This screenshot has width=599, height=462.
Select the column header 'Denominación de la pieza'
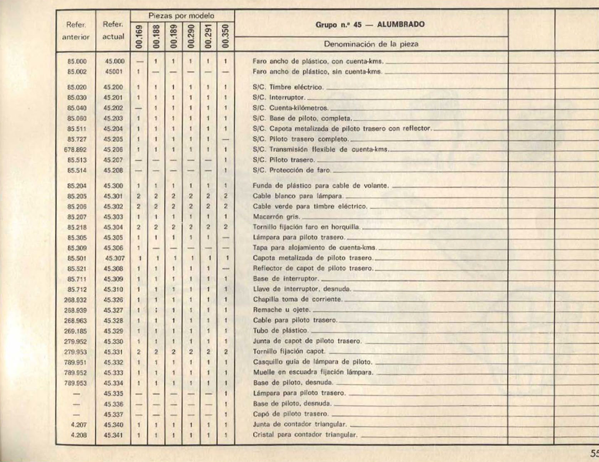point(371,44)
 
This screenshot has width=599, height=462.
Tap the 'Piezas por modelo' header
point(182,16)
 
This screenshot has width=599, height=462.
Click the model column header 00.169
point(139,36)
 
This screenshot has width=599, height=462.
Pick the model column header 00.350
point(226,36)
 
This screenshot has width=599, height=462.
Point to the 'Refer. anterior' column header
point(76,31)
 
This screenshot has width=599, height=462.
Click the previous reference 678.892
point(76,150)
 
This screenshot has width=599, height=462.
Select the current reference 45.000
point(114,62)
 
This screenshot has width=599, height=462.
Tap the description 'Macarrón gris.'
point(276,217)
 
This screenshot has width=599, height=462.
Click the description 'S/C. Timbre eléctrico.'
point(288,87)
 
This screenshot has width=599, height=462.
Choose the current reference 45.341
point(113,435)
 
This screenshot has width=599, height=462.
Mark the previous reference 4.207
point(79,425)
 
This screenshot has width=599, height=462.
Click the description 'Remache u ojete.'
point(282,310)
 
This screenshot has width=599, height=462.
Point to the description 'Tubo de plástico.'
point(281,331)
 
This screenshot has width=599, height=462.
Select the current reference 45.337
point(113,414)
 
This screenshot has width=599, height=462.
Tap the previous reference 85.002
point(77,72)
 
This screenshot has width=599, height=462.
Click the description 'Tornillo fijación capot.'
point(289,352)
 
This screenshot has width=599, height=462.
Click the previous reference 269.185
point(76,331)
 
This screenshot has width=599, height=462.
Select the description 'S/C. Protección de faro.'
point(292,171)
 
